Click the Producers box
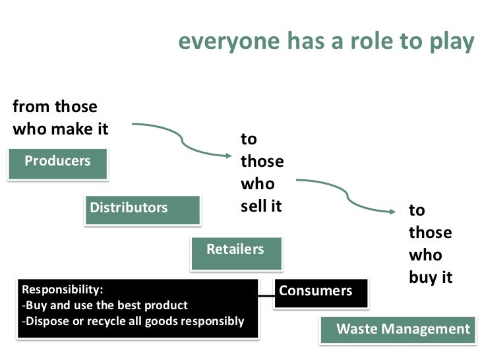[58, 163]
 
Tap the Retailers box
[235, 251]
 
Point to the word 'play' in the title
[453, 42]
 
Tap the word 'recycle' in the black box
[118, 322]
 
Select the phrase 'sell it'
[261, 206]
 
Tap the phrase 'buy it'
[431, 278]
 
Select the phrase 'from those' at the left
[55, 107]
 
